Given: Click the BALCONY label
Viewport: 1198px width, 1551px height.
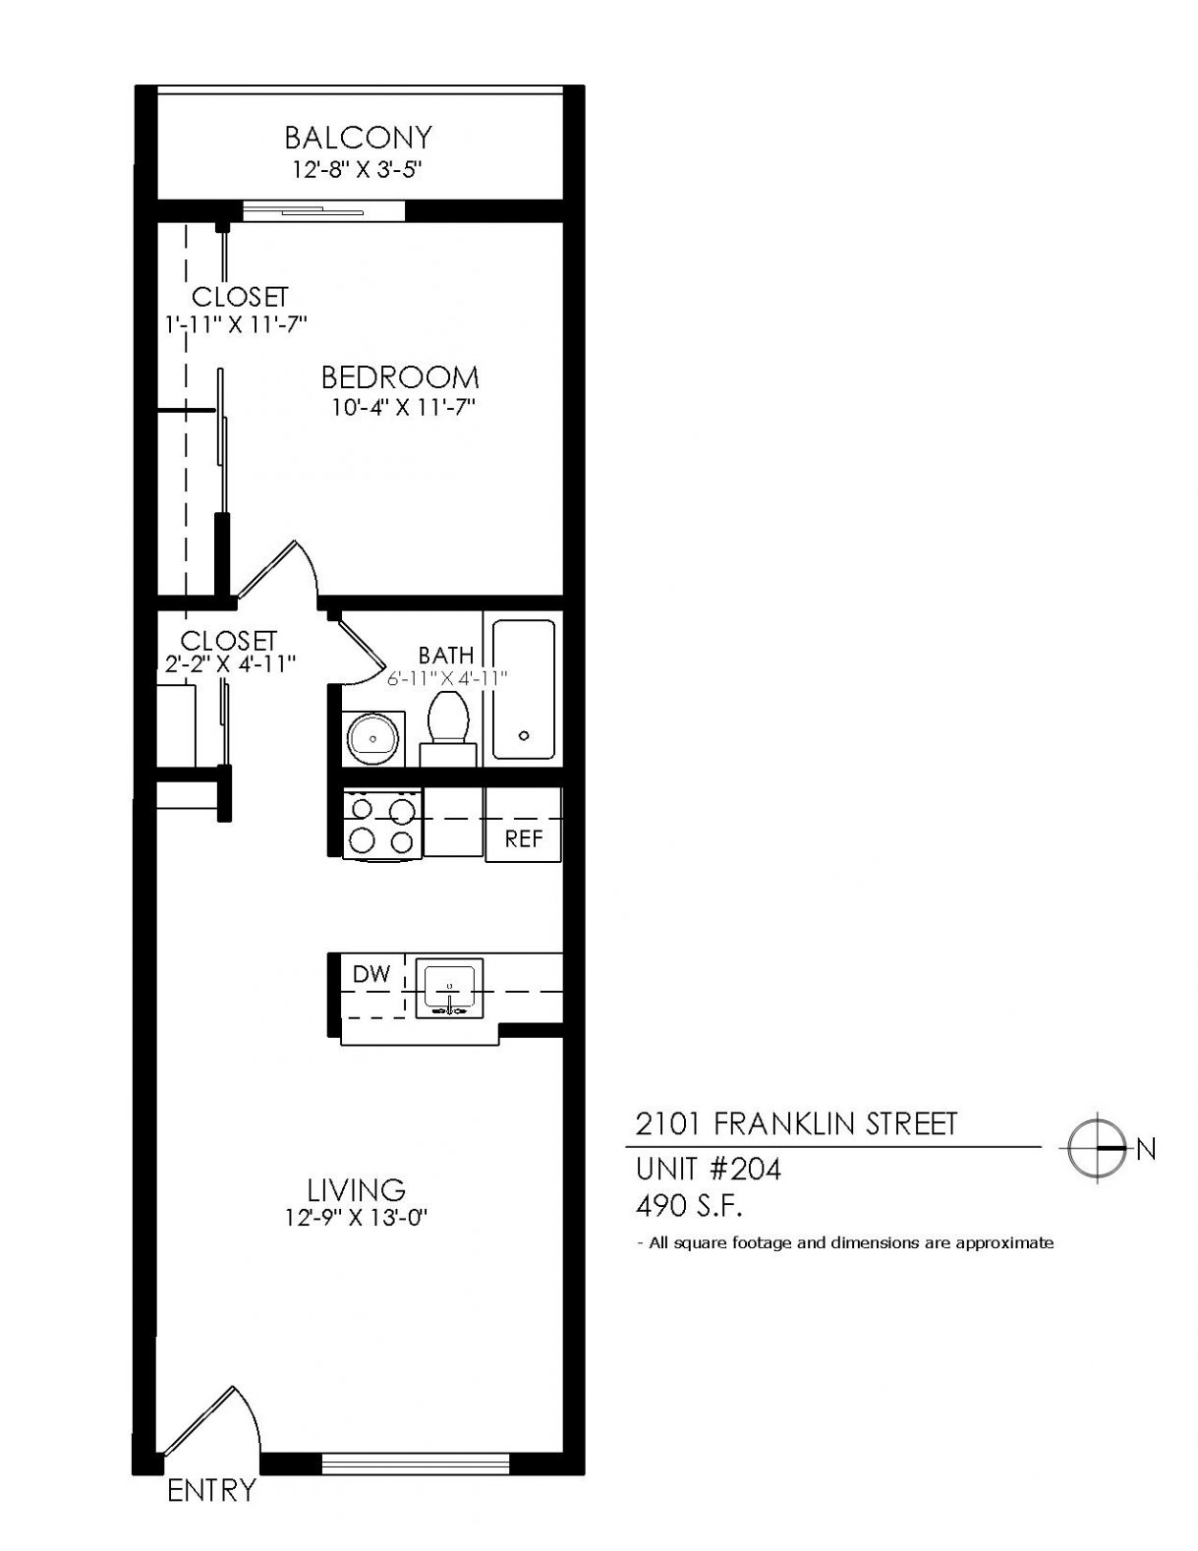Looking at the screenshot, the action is click(x=358, y=137).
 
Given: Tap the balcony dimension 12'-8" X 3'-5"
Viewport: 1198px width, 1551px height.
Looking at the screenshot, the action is click(x=358, y=169).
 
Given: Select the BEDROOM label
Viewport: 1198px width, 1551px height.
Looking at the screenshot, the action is click(x=400, y=376).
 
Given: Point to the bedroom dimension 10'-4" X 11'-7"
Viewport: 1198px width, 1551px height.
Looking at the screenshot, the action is click(x=403, y=408).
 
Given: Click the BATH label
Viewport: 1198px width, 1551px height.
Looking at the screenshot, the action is click(x=445, y=655).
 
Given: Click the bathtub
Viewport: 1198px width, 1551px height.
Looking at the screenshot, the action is click(x=523, y=690).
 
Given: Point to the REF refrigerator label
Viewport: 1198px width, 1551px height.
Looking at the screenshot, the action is click(x=523, y=839).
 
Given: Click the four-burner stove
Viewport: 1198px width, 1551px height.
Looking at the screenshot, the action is click(x=382, y=825).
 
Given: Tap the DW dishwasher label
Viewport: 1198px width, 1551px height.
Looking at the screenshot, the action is click(x=371, y=974).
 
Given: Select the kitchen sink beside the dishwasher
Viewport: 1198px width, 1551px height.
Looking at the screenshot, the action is click(x=449, y=988).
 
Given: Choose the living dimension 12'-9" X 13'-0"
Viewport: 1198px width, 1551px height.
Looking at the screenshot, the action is click(x=356, y=1218).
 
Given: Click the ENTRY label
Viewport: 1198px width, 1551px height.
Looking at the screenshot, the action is click(x=211, y=1490).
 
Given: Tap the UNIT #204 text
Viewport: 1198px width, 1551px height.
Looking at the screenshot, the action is click(x=709, y=1170).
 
